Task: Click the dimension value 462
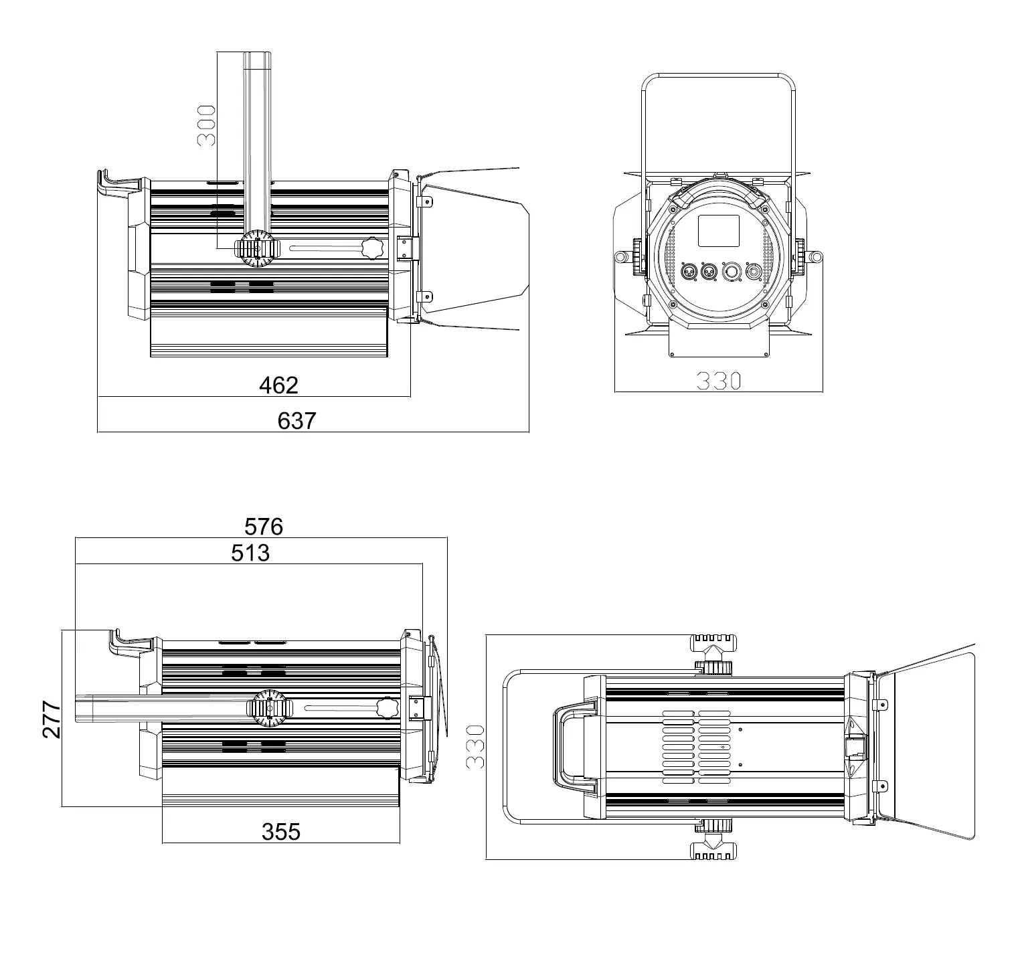pyautogui.click(x=278, y=385)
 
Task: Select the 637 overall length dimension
pyautogui.click(x=296, y=421)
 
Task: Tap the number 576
pyautogui.click(x=264, y=527)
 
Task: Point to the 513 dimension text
pyautogui.click(x=250, y=553)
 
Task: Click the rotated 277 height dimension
pyautogui.click(x=52, y=719)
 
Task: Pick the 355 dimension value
pyautogui.click(x=281, y=832)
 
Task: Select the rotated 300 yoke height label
pyautogui.click(x=205, y=125)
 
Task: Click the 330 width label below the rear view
pyautogui.click(x=719, y=381)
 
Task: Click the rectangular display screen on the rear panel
pyautogui.click(x=719, y=231)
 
